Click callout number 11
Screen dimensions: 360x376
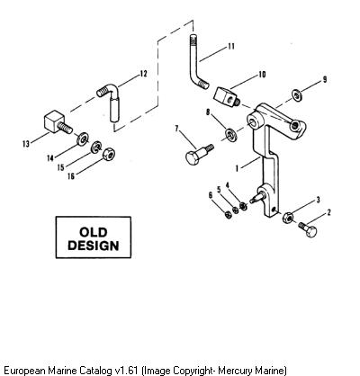pos(231,46)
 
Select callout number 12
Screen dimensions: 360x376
pos(144,74)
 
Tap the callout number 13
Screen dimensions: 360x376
pos(26,144)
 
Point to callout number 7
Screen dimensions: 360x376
pos(176,129)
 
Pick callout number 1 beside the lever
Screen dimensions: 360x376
pos(237,169)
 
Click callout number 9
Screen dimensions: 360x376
pos(325,79)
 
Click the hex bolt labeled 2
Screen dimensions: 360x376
pos(308,229)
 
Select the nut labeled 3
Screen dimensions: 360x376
pos(288,218)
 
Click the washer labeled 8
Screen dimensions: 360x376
pos(230,133)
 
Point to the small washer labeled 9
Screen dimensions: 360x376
pos(297,96)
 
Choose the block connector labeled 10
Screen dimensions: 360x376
pos(226,97)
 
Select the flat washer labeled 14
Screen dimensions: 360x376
pos(82,139)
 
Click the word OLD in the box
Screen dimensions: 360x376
pos(93,232)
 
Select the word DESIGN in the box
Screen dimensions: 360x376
pos(94,246)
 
